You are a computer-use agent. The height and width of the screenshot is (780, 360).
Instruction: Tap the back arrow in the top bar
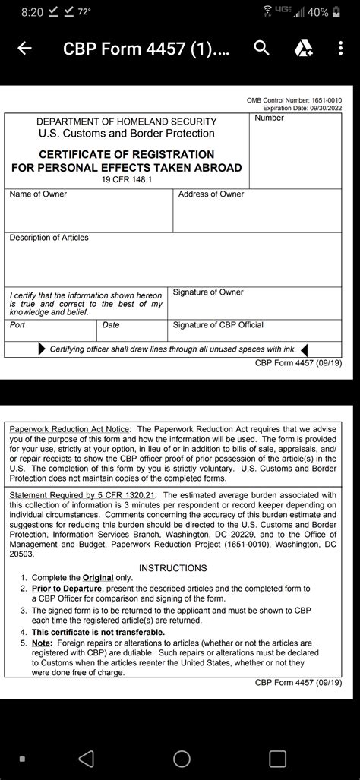(x=24, y=49)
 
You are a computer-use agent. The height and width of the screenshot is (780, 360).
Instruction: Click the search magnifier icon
(x=262, y=49)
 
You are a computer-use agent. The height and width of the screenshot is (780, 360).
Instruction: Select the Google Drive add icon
(x=303, y=49)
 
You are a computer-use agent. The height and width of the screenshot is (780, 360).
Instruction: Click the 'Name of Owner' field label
(x=38, y=194)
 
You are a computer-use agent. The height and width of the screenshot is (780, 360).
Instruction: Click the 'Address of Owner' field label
(x=211, y=194)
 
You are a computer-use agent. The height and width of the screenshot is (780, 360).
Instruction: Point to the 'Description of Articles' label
(x=49, y=238)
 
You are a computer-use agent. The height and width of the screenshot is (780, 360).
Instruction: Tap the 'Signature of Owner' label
(x=208, y=292)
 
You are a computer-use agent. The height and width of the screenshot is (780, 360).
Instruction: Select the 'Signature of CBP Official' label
(x=218, y=325)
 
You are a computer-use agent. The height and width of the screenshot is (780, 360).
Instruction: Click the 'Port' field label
(x=17, y=325)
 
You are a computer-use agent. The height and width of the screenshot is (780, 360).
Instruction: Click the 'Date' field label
(x=111, y=325)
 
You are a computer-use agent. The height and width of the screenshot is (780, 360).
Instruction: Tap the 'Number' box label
(x=270, y=118)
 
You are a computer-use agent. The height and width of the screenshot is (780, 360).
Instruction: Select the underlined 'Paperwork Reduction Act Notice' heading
(x=70, y=430)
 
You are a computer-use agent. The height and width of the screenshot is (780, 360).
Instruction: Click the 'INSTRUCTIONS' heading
(x=173, y=568)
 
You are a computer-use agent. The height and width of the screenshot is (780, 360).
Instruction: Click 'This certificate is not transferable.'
(x=98, y=632)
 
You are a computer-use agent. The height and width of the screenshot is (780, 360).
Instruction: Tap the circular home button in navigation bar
(x=182, y=758)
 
